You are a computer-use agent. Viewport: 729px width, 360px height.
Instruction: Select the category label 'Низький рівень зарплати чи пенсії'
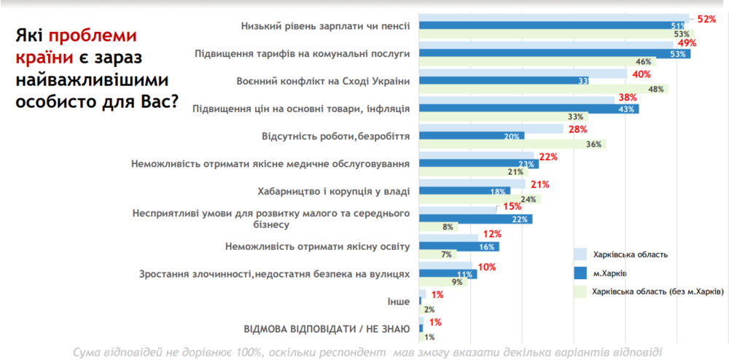[325, 26]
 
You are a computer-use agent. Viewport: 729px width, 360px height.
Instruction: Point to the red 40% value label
[642, 74]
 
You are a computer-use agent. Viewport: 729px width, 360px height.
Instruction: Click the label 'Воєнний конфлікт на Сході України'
[324, 81]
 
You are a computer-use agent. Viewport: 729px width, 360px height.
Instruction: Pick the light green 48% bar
[544, 90]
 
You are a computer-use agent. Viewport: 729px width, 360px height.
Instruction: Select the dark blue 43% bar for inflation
[529, 109]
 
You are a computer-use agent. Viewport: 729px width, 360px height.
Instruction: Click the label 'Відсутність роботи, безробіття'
[335, 136]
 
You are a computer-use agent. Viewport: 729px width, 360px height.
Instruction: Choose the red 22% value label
[548, 157]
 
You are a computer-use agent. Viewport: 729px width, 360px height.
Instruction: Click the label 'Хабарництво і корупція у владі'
[334, 191]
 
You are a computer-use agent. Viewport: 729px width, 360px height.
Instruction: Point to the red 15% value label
[512, 207]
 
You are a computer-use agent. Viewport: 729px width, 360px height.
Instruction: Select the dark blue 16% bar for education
[459, 247]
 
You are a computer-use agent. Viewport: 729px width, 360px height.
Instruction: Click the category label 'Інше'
[399, 302]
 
